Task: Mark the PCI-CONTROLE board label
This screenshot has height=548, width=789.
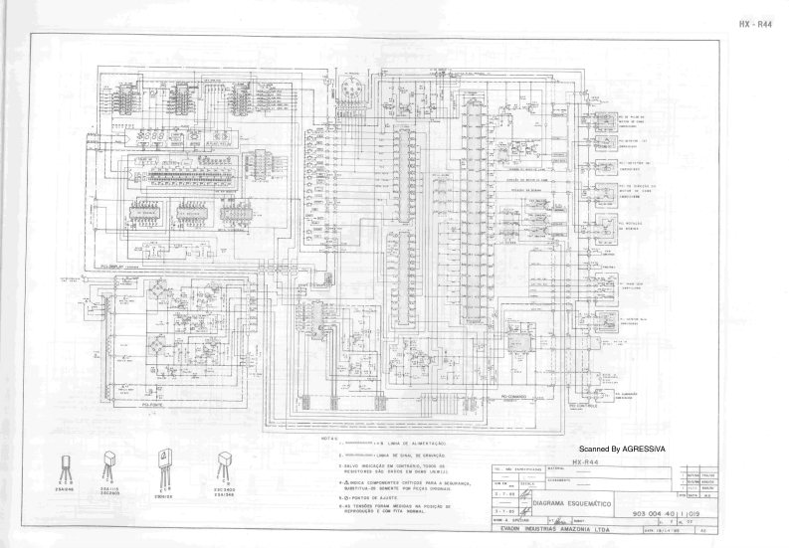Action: click(x=584, y=406)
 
